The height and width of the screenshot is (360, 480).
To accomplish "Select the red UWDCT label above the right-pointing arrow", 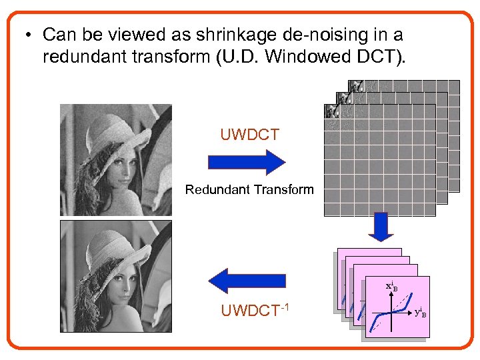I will click(x=249, y=135).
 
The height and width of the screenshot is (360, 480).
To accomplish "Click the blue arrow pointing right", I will click(x=247, y=162).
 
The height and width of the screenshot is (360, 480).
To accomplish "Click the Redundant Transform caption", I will click(x=249, y=189).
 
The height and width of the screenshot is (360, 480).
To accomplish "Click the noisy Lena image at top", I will click(x=115, y=160).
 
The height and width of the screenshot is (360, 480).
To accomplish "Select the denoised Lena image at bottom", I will click(x=115, y=276).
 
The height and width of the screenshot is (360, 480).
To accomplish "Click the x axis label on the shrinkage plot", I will click(x=391, y=287).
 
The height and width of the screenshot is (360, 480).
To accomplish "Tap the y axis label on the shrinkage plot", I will click(x=420, y=311).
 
